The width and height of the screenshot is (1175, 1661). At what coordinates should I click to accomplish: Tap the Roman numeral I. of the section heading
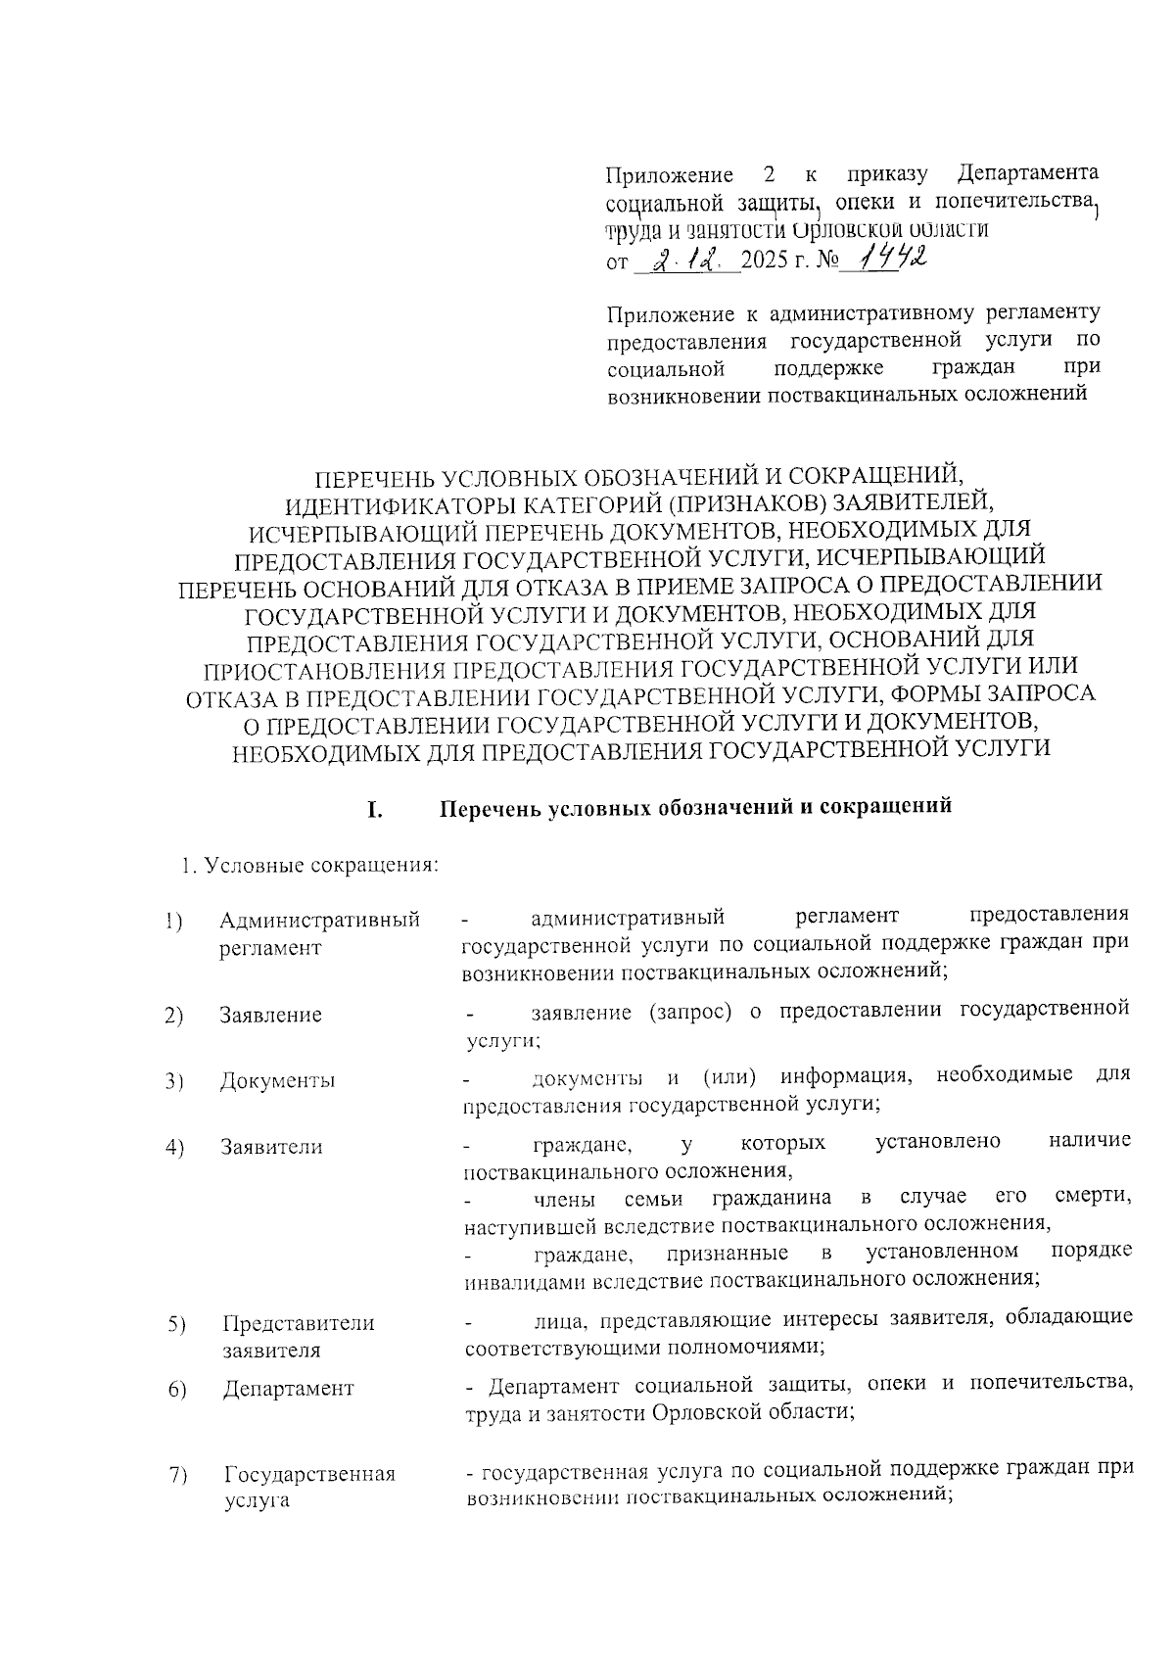pos(373,810)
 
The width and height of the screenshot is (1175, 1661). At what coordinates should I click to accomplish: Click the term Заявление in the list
pos(270,1015)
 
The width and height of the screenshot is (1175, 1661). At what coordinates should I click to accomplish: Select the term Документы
pos(277,1081)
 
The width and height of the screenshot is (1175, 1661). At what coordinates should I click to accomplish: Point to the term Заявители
pos(271,1147)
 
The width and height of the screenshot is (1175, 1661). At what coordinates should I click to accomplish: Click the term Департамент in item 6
pos(288,1388)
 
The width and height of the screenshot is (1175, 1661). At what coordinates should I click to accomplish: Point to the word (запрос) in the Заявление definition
pos(689,1010)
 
